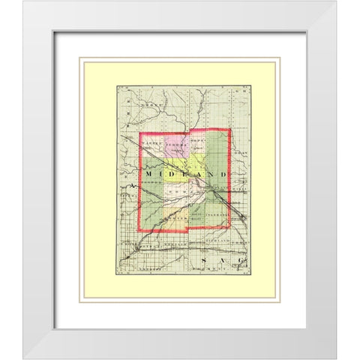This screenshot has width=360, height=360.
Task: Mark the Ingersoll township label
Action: pos(215,214)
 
